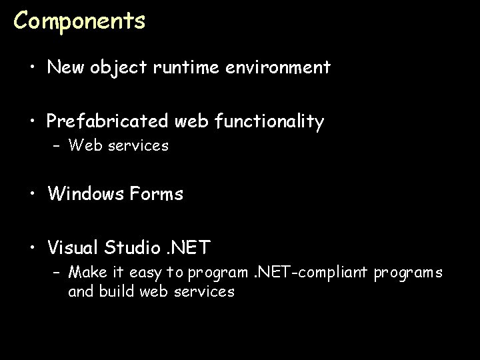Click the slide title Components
(79, 21)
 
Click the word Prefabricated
(108, 122)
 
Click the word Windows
(84, 194)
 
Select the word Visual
(73, 249)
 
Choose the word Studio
(133, 249)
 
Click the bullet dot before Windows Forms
(33, 195)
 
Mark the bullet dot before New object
(33, 68)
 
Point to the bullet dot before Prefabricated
(33, 123)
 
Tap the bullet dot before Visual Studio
(33, 249)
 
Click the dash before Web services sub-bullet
(57, 146)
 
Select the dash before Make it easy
(57, 273)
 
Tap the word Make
(85, 273)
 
